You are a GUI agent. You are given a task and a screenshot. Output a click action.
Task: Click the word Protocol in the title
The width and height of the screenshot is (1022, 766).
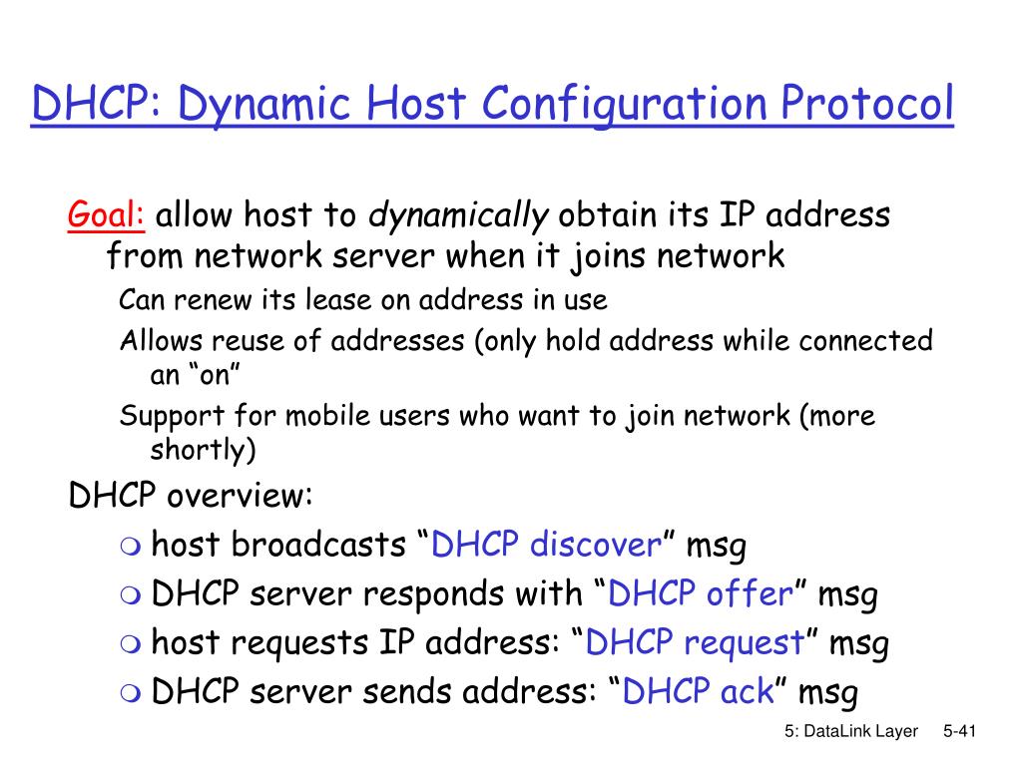pos(866,106)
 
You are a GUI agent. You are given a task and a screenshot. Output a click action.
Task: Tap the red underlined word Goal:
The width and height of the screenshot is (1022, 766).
pos(107,213)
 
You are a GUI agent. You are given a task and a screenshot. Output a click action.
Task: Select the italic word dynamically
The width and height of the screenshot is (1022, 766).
pos(459,214)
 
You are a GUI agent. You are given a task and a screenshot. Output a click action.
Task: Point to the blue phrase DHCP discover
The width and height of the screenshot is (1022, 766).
pos(546,546)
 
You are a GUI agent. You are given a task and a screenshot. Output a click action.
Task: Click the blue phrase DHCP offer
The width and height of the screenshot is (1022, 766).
pos(700,594)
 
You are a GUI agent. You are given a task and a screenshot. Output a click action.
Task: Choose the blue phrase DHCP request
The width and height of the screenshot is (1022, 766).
pos(695,643)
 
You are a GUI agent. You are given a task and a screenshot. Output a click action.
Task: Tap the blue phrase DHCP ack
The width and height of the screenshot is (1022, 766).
pos(698,692)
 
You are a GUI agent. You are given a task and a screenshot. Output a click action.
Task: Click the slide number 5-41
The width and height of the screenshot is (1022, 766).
pos(958,732)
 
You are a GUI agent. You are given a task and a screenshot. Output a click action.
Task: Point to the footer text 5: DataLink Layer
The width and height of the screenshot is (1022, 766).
pos(850,732)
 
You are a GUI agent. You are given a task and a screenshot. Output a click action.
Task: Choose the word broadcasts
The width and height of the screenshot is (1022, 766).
pos(318,546)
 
